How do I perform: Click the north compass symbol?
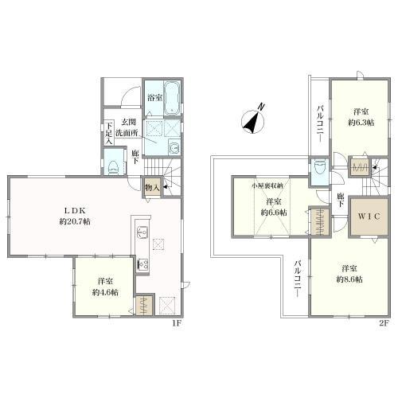252,122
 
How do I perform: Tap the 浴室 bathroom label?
155,98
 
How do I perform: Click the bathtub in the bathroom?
172,98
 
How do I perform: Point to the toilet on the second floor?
319,166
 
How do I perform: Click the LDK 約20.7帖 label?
75,216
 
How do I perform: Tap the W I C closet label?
369,217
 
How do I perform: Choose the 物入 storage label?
152,188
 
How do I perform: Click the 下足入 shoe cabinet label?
109,134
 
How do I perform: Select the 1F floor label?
177,323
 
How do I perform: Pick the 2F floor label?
384,323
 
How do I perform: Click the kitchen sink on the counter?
142,233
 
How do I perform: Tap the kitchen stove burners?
142,264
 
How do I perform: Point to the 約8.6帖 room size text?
349,279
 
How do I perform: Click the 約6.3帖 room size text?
361,123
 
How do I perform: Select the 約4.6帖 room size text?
105,292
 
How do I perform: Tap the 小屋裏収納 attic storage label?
267,186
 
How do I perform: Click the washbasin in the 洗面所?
174,147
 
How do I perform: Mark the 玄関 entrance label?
129,122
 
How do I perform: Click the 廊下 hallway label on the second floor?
341,200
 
